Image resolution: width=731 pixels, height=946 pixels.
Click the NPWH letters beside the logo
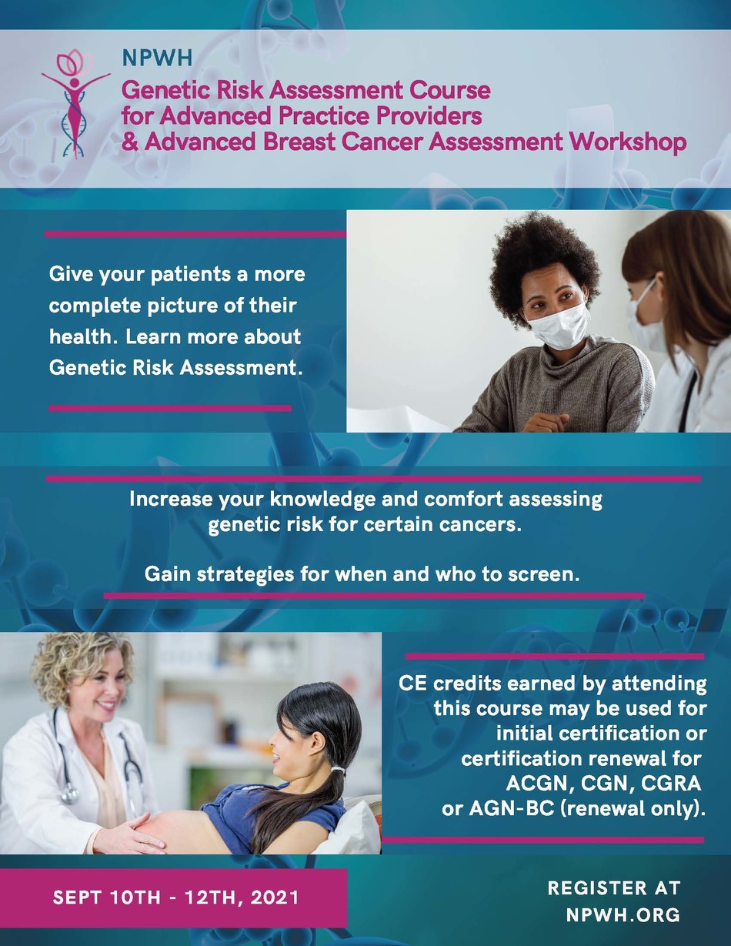click(x=157, y=58)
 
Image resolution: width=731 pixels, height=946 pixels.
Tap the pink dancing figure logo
click(x=75, y=104)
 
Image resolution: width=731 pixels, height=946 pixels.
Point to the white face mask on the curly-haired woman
click(x=559, y=326)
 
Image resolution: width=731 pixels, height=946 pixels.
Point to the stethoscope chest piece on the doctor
click(x=68, y=795)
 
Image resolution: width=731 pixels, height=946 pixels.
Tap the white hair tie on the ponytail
click(x=337, y=771)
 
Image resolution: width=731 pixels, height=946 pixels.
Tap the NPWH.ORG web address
click(x=623, y=914)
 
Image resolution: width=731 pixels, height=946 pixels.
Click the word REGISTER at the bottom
click(x=597, y=888)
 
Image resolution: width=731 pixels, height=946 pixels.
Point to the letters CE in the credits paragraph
click(x=412, y=683)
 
